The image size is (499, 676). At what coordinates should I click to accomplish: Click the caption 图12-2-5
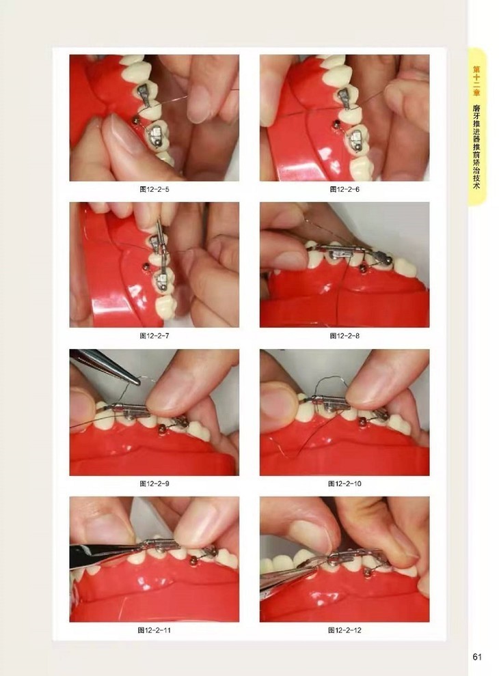pyautogui.click(x=154, y=189)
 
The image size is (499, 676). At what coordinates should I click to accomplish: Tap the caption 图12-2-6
pyautogui.click(x=345, y=189)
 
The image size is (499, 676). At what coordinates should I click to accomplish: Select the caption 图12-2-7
pyautogui.click(x=154, y=335)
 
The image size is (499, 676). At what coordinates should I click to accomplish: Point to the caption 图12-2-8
pyautogui.click(x=345, y=335)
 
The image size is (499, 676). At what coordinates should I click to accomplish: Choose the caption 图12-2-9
pyautogui.click(x=154, y=483)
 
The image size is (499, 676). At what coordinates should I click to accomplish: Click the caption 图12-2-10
pyautogui.click(x=345, y=483)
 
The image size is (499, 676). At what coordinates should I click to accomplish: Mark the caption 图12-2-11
pyautogui.click(x=154, y=630)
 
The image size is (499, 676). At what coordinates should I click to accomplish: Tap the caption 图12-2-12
pyautogui.click(x=345, y=630)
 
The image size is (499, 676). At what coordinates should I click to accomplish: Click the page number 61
pyautogui.click(x=476, y=657)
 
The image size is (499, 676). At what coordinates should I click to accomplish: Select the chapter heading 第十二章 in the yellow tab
pyautogui.click(x=476, y=81)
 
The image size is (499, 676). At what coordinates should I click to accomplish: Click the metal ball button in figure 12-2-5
pyautogui.click(x=135, y=120)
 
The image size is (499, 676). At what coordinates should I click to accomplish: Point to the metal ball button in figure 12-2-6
pyautogui.click(x=334, y=124)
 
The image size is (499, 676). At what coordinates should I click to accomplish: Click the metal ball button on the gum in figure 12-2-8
pyautogui.click(x=364, y=268)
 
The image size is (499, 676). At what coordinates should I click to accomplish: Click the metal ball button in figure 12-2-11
pyautogui.click(x=194, y=561)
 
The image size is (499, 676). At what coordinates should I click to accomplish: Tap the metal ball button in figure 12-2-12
pyautogui.click(x=368, y=572)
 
